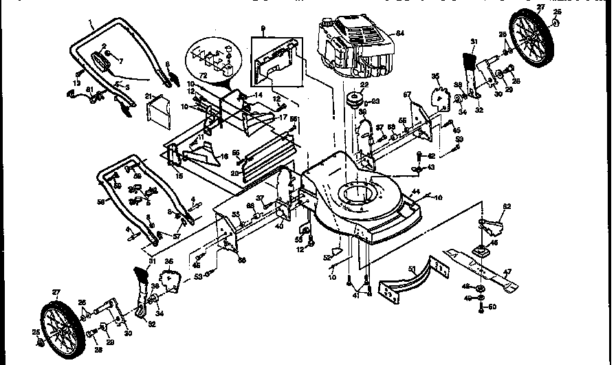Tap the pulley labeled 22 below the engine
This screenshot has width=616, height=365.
(356, 99)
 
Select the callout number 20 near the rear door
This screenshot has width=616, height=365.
(236, 174)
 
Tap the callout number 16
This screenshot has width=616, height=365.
(223, 157)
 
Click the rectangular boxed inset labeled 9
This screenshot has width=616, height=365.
(276, 58)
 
